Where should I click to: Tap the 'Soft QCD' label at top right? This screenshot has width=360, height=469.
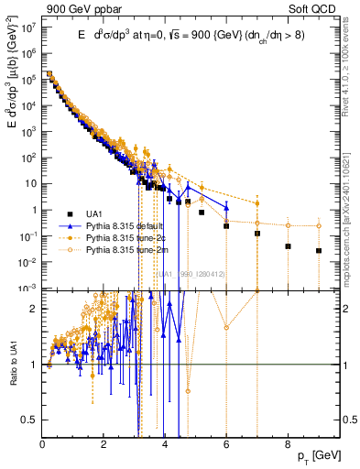coord(315,8)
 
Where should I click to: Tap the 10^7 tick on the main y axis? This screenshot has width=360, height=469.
coord(30,27)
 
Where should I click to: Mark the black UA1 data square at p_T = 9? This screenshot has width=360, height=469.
coord(319,250)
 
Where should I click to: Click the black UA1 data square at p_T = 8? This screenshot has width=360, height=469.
coord(288,246)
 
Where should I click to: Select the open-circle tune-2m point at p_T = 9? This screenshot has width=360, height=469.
coord(319,225)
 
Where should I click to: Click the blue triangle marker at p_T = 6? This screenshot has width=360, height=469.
coord(226,207)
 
